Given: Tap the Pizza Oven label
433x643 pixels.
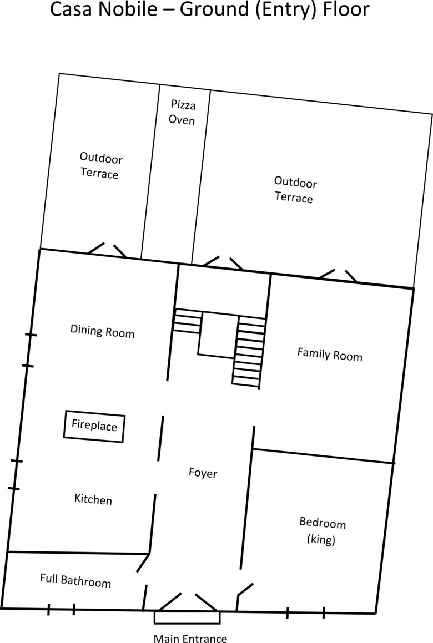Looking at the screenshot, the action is pyautogui.click(x=182, y=112).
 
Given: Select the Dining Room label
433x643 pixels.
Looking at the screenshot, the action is pyautogui.click(x=103, y=331).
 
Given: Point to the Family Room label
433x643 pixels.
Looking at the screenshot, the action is pyautogui.click(x=330, y=355).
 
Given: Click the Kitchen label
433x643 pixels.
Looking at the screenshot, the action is pyautogui.click(x=93, y=499).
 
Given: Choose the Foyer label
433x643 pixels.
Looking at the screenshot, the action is pyautogui.click(x=203, y=473).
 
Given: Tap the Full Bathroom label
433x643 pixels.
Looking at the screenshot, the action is pyautogui.click(x=75, y=581).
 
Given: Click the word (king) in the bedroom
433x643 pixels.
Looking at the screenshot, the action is pyautogui.click(x=321, y=539).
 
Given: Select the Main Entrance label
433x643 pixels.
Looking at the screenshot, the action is pyautogui.click(x=190, y=638).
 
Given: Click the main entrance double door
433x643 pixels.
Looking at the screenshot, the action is pyautogui.click(x=188, y=602).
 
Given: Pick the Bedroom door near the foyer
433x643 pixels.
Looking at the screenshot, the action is pyautogui.click(x=245, y=589).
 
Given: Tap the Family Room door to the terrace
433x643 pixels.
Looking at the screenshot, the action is pyautogui.click(x=338, y=275).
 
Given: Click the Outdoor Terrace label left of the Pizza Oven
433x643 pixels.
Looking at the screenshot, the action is pyautogui.click(x=100, y=166).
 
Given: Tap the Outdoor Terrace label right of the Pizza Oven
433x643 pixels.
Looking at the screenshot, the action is pyautogui.click(x=295, y=190).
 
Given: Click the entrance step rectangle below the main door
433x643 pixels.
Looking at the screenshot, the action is pyautogui.click(x=187, y=617).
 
